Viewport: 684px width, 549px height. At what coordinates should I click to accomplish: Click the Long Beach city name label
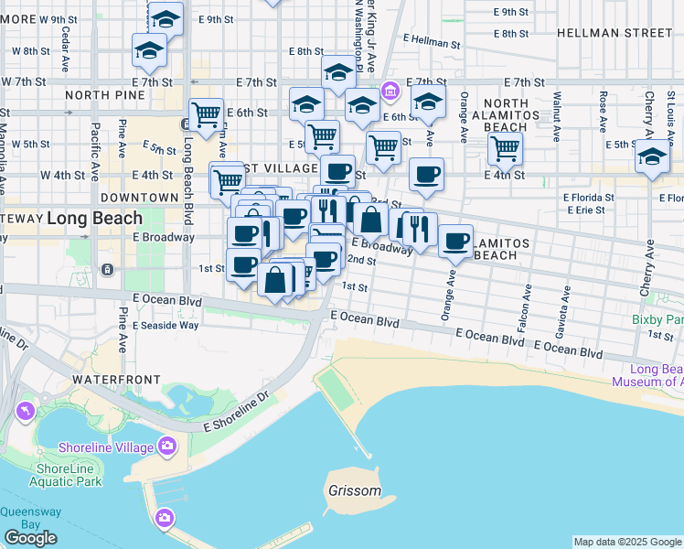95,219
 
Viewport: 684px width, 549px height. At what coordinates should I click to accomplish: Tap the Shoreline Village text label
106,447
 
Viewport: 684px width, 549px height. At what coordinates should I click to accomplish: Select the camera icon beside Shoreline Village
166,447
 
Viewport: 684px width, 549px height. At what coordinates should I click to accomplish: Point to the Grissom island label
354,490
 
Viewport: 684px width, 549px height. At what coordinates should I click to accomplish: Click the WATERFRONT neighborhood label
116,379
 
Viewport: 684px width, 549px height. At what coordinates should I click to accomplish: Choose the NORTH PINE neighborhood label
105,94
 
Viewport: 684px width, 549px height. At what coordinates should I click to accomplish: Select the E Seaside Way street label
166,325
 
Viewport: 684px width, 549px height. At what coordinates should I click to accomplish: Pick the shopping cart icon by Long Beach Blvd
207,114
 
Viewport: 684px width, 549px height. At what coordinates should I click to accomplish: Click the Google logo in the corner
30,538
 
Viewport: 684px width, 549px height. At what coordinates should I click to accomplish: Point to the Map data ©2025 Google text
627,542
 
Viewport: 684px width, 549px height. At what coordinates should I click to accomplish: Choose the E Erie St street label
583,210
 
